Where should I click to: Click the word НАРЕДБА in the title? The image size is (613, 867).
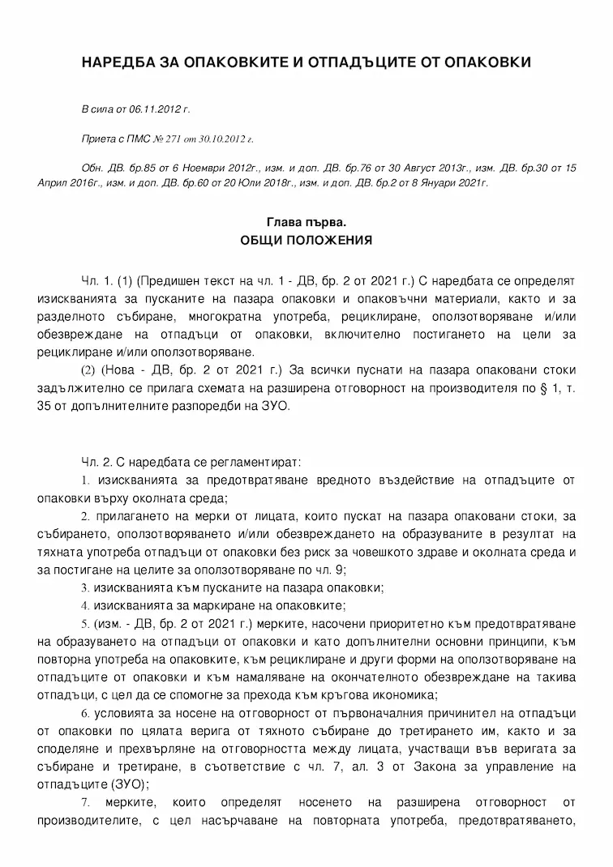tap(118, 63)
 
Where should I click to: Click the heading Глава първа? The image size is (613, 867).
tap(306, 221)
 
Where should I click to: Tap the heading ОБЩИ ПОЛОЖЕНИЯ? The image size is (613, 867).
tap(306, 240)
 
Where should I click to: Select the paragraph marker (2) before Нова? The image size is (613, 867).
tap(88, 370)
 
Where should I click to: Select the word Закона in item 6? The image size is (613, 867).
tap(415, 766)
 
